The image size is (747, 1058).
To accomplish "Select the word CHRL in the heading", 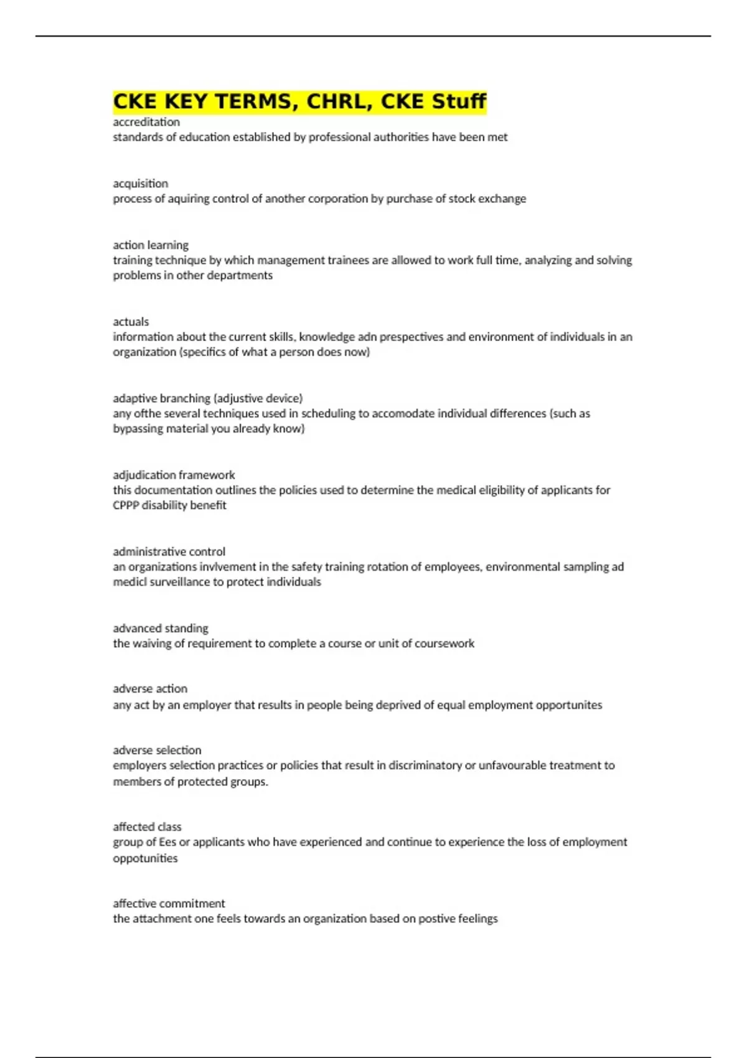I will click(334, 101).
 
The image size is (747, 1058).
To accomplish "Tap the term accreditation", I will click(146, 122).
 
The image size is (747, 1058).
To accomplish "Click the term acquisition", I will click(141, 184).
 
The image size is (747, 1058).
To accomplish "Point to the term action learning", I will click(151, 245).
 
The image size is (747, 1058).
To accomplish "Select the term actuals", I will click(131, 322).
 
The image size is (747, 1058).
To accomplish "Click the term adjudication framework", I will click(174, 475).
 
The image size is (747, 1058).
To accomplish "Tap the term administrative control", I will click(169, 551).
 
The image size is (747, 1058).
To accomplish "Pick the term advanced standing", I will click(161, 628).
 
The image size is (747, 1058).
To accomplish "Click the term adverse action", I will click(150, 689).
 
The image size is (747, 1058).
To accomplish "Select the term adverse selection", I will click(157, 751).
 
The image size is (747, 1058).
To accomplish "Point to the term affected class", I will click(147, 827).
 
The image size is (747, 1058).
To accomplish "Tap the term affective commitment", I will click(169, 904).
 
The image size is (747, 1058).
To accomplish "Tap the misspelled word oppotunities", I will click(145, 858).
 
